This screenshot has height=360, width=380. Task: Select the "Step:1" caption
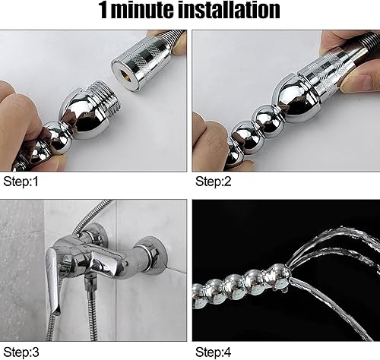tap(21, 182)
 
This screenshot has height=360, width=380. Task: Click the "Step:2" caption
tap(214, 182)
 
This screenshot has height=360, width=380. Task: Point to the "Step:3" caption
tap(21, 352)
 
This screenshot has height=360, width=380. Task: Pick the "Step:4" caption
tap(214, 352)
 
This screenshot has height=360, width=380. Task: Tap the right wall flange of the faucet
tap(150, 254)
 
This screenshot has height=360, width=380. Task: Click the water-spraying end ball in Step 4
tap(277, 276)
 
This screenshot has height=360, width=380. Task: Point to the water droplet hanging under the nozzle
tap(284, 290)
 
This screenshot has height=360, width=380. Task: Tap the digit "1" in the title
tap(103, 11)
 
